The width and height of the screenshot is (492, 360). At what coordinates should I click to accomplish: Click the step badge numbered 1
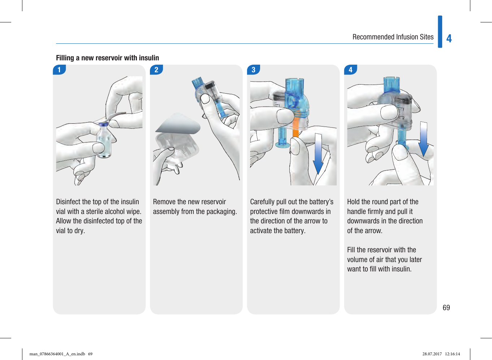tap(59, 70)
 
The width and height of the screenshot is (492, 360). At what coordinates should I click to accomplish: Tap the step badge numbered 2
tap(156, 70)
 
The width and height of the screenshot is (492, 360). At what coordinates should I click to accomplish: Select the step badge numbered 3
tap(254, 70)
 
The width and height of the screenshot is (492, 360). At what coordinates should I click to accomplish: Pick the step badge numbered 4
tap(350, 70)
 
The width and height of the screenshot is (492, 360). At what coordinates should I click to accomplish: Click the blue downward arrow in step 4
tap(423, 139)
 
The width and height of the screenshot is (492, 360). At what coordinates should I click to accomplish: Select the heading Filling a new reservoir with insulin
tap(107, 58)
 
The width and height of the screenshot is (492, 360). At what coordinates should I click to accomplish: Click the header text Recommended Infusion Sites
tap(393, 37)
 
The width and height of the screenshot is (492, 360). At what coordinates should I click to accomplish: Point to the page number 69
tap(446, 308)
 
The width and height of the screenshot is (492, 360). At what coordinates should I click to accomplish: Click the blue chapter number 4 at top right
tap(449, 38)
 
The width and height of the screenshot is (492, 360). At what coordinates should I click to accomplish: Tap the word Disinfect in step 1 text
tap(68, 202)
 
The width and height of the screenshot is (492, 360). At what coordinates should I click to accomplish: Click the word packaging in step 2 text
tap(221, 211)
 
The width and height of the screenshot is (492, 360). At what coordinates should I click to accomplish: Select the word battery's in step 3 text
tap(321, 202)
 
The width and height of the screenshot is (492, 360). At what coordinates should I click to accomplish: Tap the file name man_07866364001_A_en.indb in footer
tap(57, 354)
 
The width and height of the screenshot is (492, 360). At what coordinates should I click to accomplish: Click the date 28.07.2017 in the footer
tap(432, 354)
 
